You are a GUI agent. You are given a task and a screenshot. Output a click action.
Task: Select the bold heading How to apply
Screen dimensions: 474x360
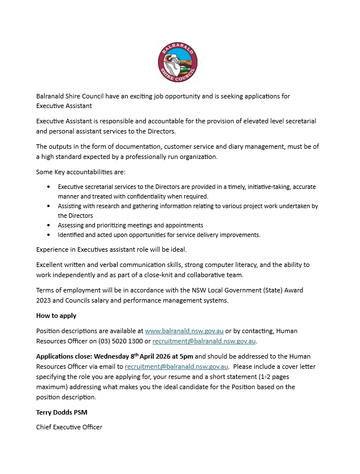[x=56, y=316]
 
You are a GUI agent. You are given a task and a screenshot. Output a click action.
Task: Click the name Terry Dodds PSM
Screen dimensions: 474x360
[x=62, y=412]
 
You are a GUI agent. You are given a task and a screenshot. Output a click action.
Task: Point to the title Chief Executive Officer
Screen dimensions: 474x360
[x=69, y=427]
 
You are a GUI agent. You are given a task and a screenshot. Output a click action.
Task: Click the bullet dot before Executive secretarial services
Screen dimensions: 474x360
[x=49, y=187]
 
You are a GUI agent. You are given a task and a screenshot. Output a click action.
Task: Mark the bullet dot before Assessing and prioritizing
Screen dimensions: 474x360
[x=49, y=225]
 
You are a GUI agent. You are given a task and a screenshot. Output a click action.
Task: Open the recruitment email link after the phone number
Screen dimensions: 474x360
[x=204, y=341]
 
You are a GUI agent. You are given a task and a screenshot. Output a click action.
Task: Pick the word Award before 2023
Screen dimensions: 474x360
[x=293, y=290]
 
